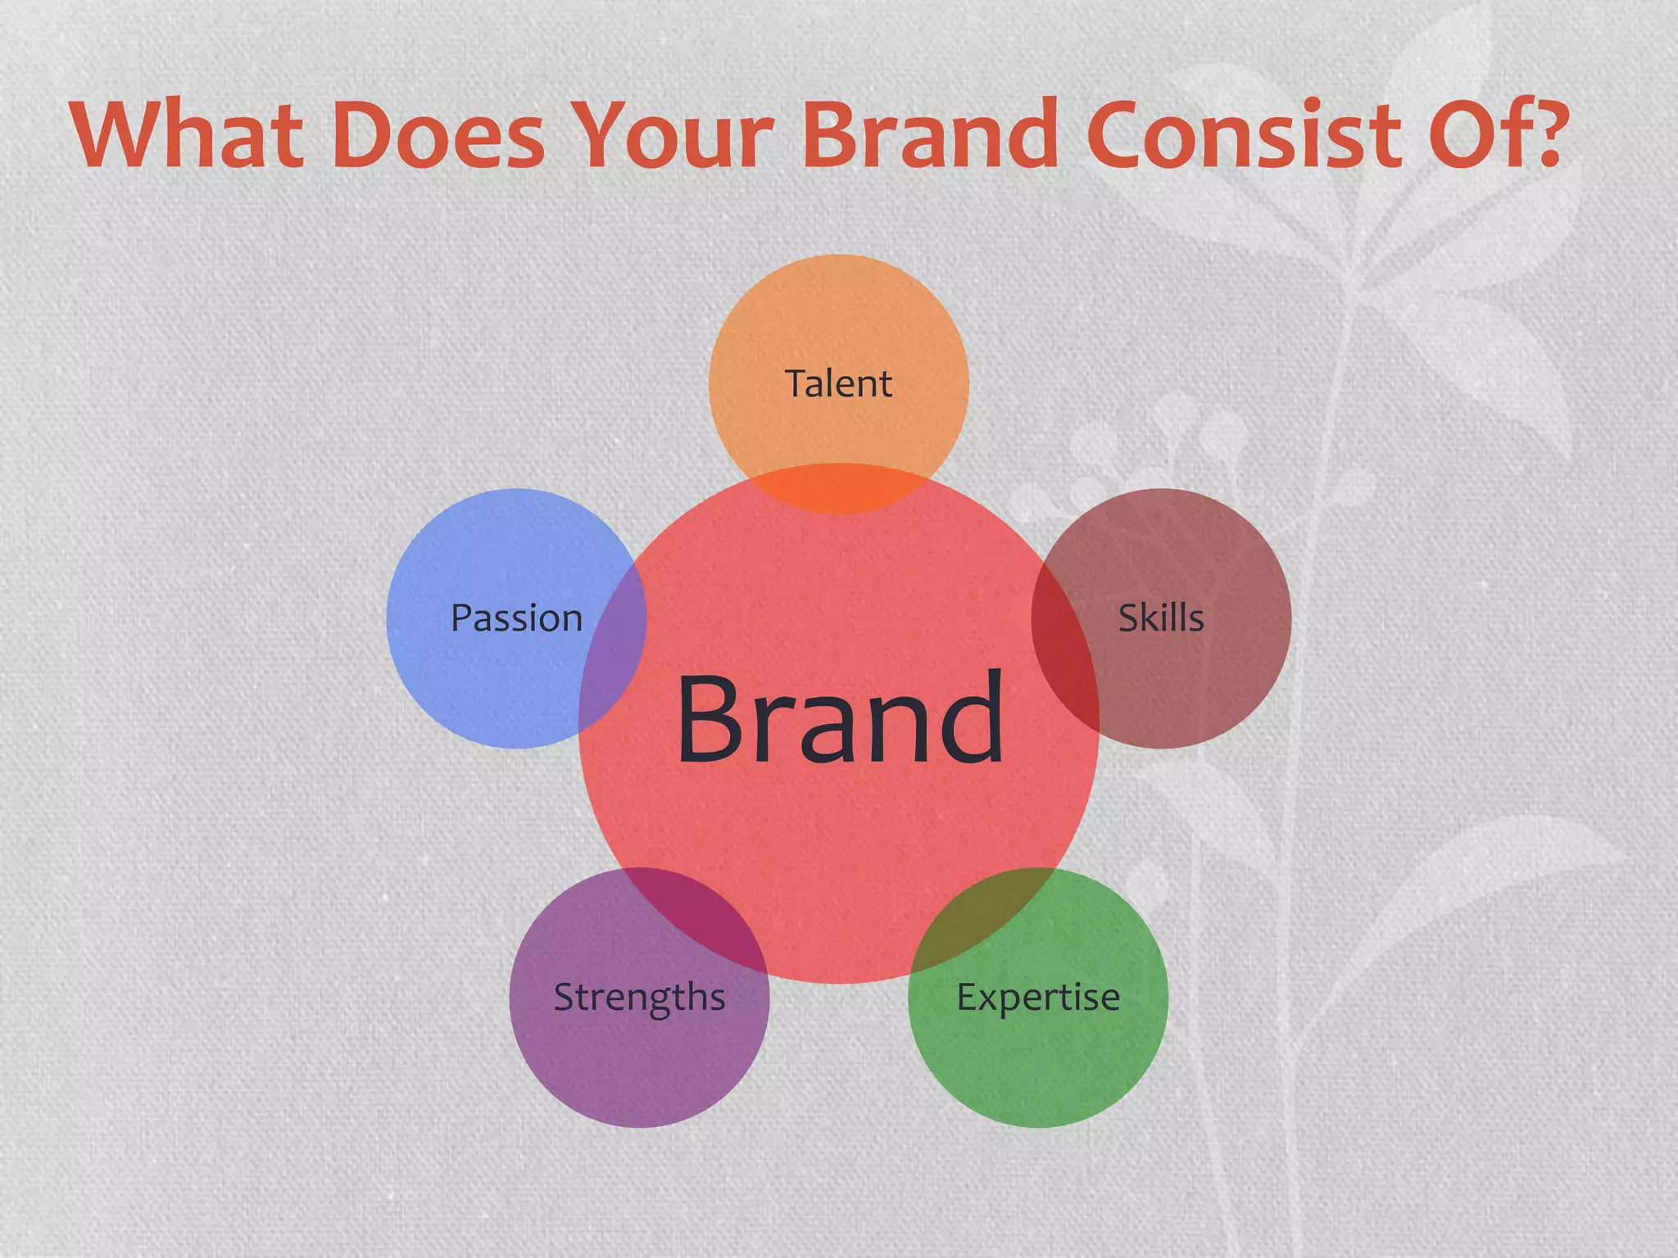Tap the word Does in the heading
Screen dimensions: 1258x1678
(x=438, y=135)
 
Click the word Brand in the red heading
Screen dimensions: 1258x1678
(x=930, y=135)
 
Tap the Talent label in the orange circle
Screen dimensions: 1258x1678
(x=838, y=383)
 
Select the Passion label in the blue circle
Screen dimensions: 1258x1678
(x=516, y=618)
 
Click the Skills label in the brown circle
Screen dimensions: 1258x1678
(x=1161, y=618)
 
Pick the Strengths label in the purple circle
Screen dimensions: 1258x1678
(x=639, y=998)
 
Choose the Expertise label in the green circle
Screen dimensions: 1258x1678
(x=1038, y=997)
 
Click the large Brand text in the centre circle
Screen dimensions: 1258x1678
(x=840, y=719)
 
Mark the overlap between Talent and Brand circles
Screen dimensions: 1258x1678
(x=838, y=490)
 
